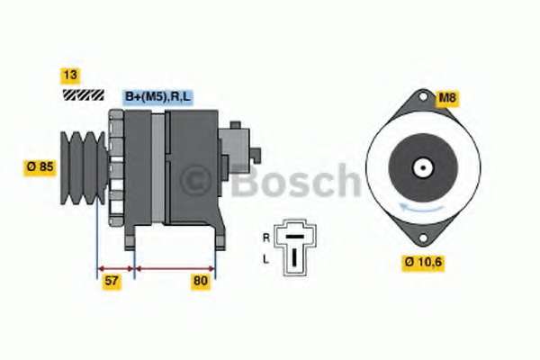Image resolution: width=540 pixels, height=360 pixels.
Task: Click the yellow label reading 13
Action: coord(70,76)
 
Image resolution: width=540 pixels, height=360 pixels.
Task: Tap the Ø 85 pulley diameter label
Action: coord(40,167)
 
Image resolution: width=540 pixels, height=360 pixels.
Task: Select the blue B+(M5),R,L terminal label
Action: coord(158,97)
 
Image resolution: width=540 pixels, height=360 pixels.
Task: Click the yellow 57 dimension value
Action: coord(112,282)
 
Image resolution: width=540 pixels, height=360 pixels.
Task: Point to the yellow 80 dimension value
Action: coord(201,282)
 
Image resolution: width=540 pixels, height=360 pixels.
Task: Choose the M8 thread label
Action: coord(446,98)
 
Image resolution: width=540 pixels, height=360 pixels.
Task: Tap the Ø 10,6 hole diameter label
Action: coord(423,263)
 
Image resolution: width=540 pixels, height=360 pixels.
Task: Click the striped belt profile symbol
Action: coord(84,95)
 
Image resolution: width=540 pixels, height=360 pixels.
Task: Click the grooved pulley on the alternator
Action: coord(83,167)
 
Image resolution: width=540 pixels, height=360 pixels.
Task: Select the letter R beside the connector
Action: coord(266,238)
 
